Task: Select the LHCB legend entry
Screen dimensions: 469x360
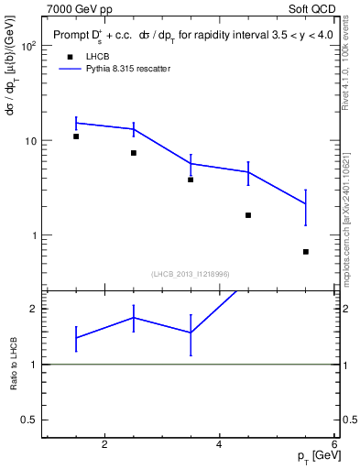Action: point(96,57)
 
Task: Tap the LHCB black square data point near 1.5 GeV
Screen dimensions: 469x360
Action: point(76,136)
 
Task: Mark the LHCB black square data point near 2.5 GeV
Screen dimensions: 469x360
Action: point(134,153)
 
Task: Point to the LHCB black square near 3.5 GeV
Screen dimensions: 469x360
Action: point(191,180)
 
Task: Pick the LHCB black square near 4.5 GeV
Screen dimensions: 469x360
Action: point(248,215)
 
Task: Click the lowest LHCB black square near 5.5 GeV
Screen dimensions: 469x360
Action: point(306,251)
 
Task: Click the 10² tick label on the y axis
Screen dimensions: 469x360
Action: point(27,46)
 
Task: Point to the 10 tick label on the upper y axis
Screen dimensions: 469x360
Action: point(29,141)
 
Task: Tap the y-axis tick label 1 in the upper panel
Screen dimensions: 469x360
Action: point(33,235)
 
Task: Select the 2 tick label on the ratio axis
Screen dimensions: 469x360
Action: point(33,309)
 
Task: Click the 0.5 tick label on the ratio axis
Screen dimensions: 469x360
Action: point(28,420)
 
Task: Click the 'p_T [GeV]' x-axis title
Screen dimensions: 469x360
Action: point(318,456)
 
